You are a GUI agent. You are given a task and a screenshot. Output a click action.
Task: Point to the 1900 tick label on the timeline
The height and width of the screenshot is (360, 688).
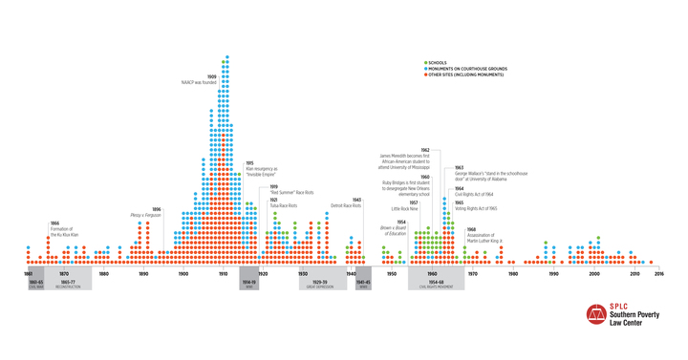(x=183, y=273)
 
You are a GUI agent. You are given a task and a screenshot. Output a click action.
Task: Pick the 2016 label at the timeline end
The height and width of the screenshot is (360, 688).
(x=658, y=273)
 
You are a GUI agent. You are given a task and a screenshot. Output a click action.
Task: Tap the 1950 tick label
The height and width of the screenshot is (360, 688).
(x=391, y=273)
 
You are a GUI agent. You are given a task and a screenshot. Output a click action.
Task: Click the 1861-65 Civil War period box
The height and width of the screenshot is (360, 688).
(x=35, y=284)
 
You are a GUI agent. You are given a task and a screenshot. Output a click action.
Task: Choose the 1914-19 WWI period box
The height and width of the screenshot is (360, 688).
(x=248, y=284)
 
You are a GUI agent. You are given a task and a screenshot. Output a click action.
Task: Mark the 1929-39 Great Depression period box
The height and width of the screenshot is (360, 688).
(x=318, y=284)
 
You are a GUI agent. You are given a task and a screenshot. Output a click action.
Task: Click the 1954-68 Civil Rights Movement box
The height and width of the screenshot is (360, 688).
(x=436, y=284)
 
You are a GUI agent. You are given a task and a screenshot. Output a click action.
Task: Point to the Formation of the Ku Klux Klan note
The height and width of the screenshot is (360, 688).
(x=61, y=230)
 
